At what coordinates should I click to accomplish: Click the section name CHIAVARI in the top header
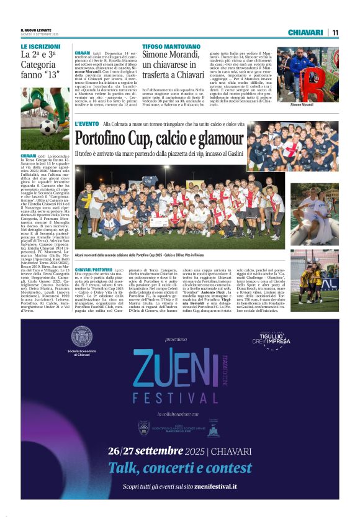306,32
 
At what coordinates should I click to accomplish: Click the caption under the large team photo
143,254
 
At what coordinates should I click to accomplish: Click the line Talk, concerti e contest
180,467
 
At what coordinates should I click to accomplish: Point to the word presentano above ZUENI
176,340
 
